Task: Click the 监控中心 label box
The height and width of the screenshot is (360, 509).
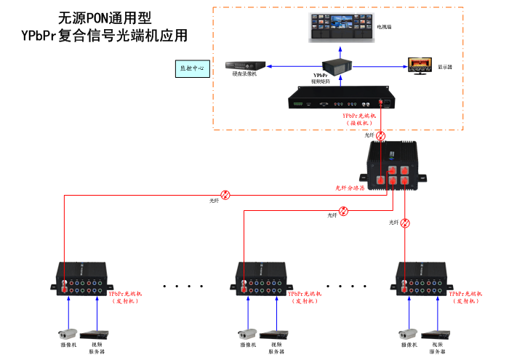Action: point(192,69)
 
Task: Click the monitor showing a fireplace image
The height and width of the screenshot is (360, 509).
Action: point(419,65)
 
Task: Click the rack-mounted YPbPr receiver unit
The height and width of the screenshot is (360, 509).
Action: point(340,100)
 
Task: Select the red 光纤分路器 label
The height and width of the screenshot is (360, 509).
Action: point(350,188)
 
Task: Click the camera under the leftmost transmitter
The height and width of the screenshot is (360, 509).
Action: point(68,335)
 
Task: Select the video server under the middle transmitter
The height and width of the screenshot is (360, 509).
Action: point(276,335)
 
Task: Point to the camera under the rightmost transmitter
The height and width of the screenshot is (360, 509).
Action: point(407,335)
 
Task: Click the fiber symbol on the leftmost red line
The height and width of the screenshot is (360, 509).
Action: point(226,194)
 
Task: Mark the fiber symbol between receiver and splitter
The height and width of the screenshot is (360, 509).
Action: point(379,135)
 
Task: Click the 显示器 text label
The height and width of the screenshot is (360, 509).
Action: point(445,67)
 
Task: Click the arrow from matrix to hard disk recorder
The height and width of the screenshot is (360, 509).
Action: point(294,66)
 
